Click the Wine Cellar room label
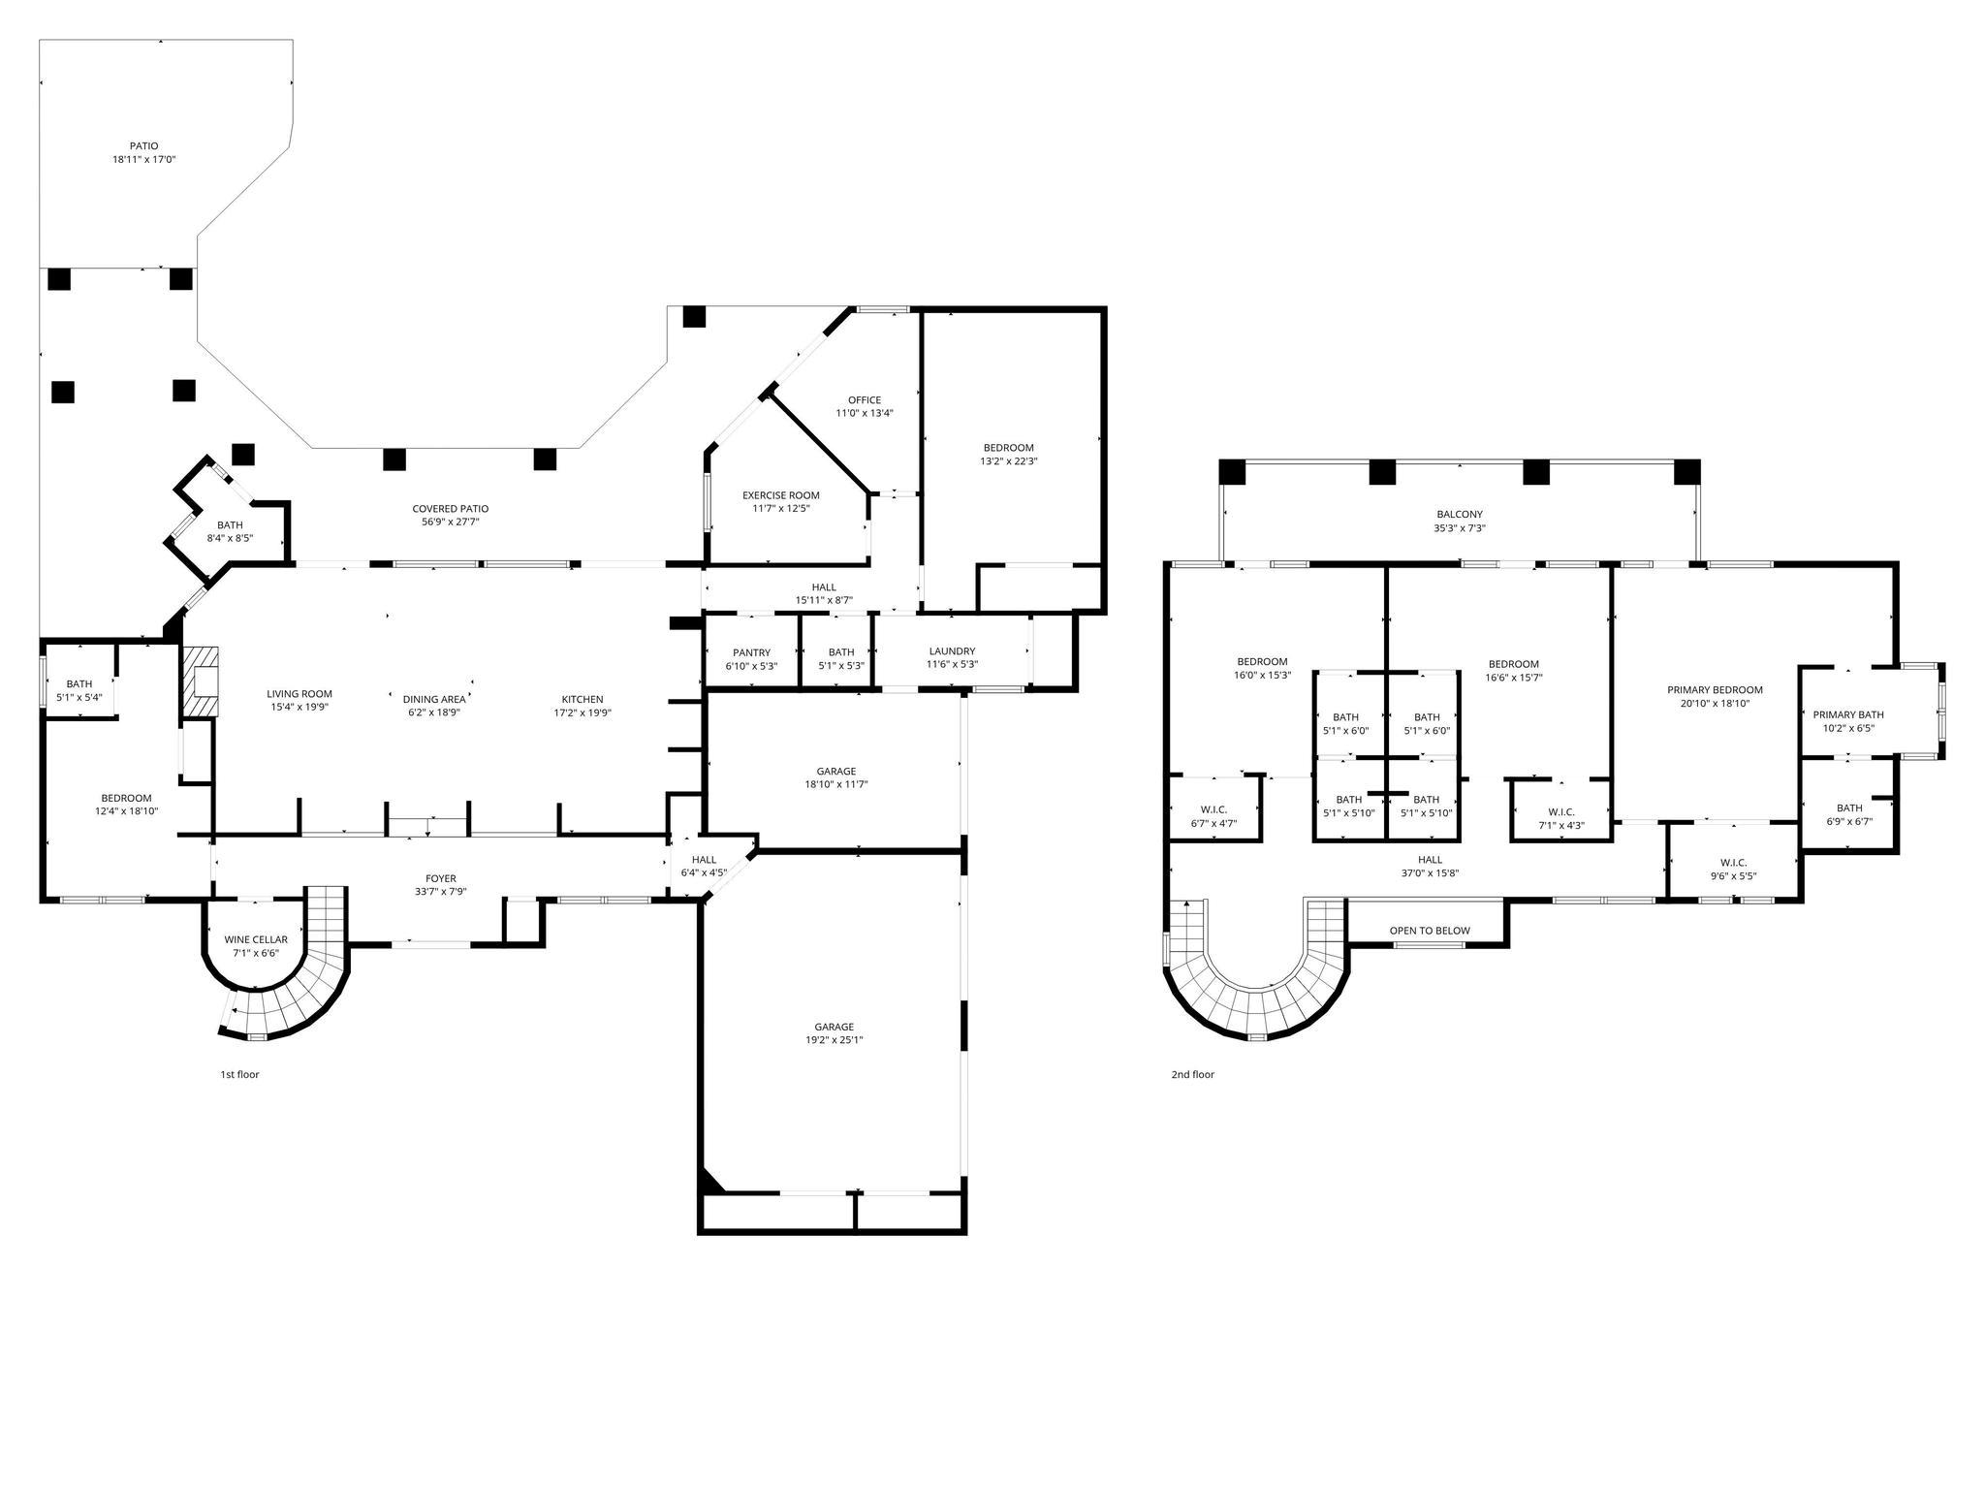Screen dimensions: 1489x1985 (x=256, y=939)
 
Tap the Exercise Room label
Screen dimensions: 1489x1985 (x=780, y=495)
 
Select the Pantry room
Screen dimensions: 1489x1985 (x=751, y=659)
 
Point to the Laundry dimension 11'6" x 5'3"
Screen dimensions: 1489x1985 (x=952, y=665)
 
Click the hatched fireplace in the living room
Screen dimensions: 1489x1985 (x=201, y=681)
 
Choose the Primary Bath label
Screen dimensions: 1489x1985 (x=1848, y=714)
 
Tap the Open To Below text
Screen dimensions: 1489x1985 (x=1430, y=931)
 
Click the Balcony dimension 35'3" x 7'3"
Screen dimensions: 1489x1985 (x=1459, y=528)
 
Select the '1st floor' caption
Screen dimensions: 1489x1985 (x=239, y=1074)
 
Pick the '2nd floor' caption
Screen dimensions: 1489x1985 (x=1192, y=1074)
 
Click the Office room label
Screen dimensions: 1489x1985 (x=865, y=399)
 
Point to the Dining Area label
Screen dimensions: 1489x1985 (x=434, y=699)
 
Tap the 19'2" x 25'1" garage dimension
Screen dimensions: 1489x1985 (x=834, y=1040)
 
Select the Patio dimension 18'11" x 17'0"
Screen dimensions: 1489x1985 (x=144, y=159)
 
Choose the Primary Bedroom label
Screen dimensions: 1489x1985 (x=1715, y=690)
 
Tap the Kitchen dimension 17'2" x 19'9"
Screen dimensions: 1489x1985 (x=583, y=713)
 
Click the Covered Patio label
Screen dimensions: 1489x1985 (x=450, y=508)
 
